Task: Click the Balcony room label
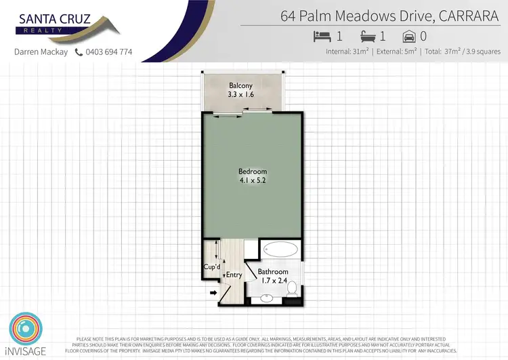tap(240, 85)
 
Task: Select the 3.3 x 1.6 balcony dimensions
tap(240, 95)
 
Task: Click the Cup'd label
tap(211, 267)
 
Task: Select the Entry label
tap(234, 275)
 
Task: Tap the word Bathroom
tap(274, 272)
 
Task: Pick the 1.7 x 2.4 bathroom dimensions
tap(274, 281)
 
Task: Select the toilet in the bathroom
tap(292, 289)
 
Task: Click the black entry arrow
tap(213, 294)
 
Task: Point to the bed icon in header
tap(321, 35)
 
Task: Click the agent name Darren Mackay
tap(41, 52)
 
